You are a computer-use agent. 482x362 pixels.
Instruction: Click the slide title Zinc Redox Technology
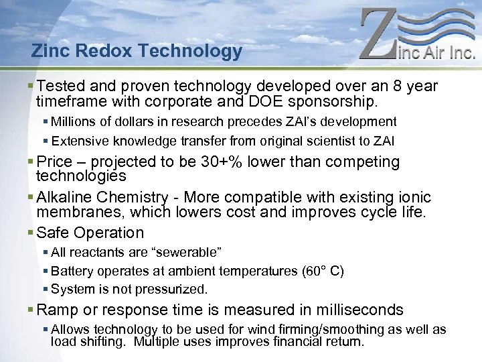tap(137, 51)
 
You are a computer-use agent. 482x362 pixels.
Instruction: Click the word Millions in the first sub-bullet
tap(77, 122)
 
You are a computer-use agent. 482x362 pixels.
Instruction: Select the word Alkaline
tap(64, 197)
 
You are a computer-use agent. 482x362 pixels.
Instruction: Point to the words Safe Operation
tap(90, 233)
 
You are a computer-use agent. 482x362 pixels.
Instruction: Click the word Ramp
tap(58, 310)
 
